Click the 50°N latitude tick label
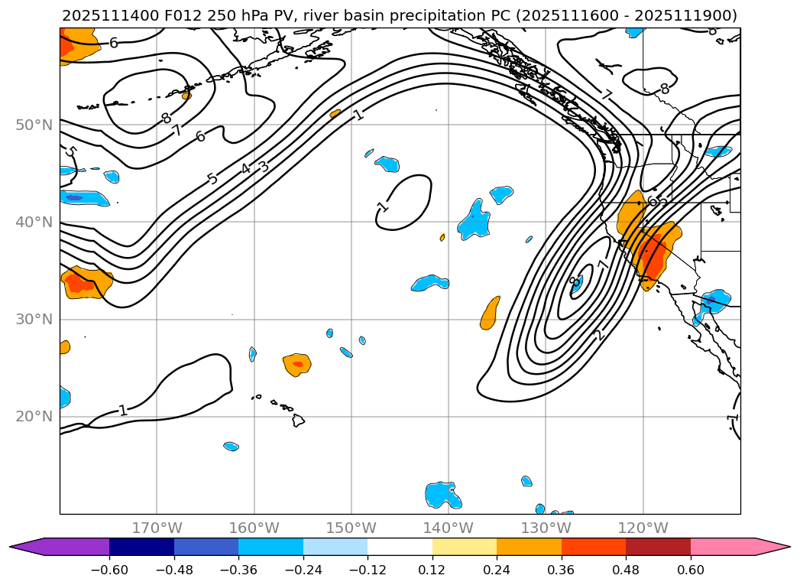tap(35, 125)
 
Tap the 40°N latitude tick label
tap(35, 222)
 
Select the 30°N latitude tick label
tap(35, 319)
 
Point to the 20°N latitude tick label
tap(35, 416)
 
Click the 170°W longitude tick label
tap(157, 528)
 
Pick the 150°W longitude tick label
tap(351, 528)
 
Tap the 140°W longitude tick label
tap(449, 528)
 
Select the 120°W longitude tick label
tap(643, 528)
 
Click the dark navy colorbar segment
tap(141, 547)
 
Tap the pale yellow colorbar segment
tap(465, 547)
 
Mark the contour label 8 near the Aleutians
tap(166, 119)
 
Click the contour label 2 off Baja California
tap(599, 335)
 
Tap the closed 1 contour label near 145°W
tap(383, 206)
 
